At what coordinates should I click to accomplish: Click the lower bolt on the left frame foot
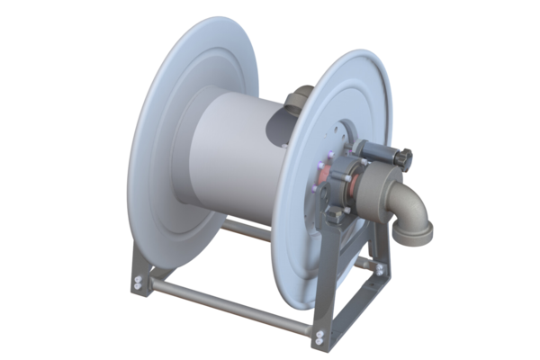pyautogui.click(x=137, y=289)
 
